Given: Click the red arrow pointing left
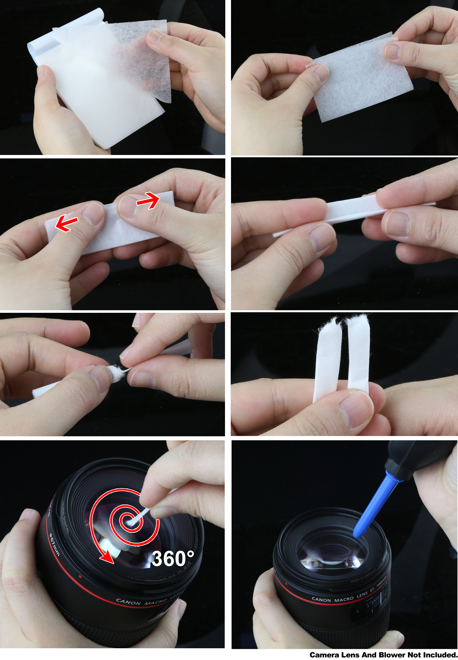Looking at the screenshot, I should coord(66,223).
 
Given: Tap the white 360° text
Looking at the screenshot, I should coord(173,559).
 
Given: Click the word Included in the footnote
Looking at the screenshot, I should coord(439,655).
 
